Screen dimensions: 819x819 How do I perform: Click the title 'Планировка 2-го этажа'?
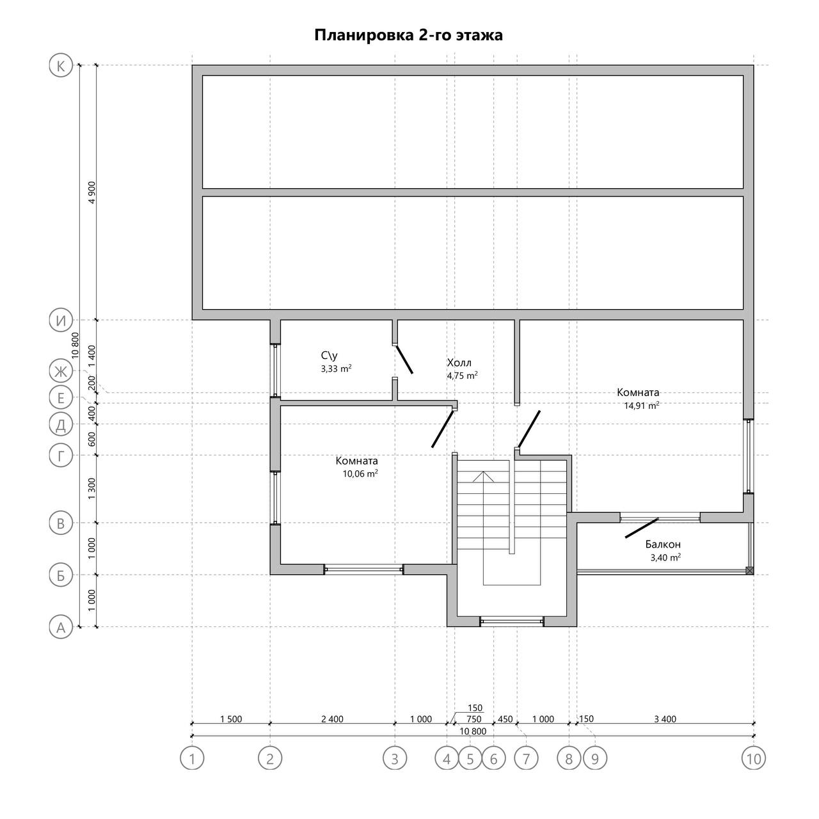408,35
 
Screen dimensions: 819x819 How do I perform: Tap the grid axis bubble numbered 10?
754,758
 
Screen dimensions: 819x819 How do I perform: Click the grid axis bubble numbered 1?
192,758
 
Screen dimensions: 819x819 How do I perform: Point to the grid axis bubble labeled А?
61,627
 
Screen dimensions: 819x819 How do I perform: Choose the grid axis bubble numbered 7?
526,758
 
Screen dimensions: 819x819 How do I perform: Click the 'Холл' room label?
459,363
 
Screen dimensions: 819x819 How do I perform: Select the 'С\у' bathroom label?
330,356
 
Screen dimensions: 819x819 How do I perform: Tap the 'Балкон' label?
663,545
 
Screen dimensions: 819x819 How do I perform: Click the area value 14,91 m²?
642,406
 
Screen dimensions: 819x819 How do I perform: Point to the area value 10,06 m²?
360,474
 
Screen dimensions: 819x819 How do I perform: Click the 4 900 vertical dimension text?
92,192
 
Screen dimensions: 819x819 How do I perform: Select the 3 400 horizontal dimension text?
665,719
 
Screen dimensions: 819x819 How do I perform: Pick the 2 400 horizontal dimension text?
332,719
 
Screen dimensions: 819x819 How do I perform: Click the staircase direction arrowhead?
483,477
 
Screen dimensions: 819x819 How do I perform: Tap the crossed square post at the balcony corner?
750,570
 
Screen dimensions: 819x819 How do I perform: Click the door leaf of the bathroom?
404,360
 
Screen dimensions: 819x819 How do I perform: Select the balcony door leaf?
642,529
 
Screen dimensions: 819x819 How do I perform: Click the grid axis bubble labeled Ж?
61,372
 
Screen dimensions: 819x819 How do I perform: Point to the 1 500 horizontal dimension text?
231,719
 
